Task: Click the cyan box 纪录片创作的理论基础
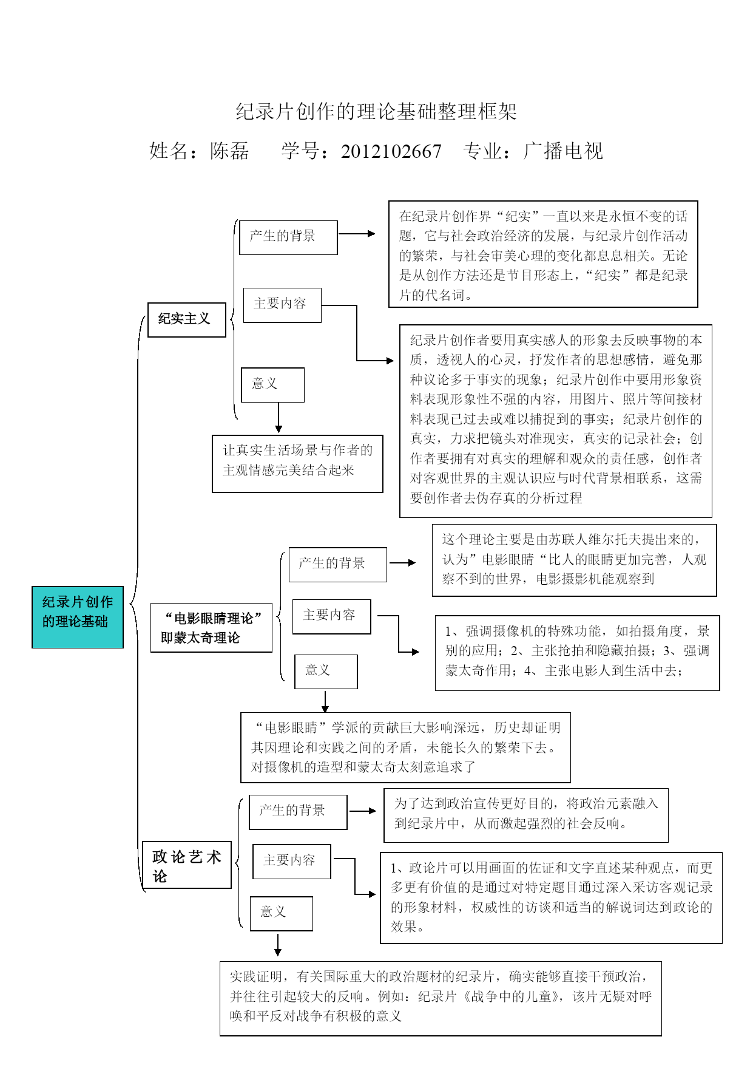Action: [x=78, y=617]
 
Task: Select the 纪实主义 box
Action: [x=187, y=319]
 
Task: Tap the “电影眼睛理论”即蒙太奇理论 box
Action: [x=211, y=628]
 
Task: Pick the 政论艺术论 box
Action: [x=187, y=865]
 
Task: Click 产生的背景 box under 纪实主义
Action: [x=288, y=237]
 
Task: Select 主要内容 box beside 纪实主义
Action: [x=282, y=305]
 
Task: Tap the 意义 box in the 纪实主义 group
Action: [x=272, y=385]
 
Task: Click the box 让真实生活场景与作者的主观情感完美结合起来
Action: [x=297, y=463]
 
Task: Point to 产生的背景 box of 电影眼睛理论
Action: [x=337, y=565]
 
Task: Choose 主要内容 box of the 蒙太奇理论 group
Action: [x=331, y=616]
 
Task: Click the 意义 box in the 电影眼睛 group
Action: [x=326, y=672]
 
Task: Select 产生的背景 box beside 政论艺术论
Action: [x=298, y=812]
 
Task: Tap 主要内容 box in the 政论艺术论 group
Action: [x=292, y=862]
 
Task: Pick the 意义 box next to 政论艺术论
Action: [x=282, y=913]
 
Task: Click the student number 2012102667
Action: [x=391, y=151]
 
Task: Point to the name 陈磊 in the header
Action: [x=229, y=151]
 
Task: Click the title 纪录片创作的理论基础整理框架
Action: [x=376, y=112]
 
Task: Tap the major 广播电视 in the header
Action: [x=563, y=151]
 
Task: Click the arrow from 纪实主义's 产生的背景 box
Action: [x=357, y=234]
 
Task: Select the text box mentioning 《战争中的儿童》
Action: [x=441, y=998]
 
